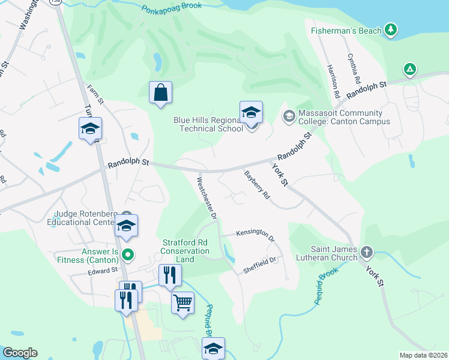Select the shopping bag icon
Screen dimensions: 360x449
pos(160,92)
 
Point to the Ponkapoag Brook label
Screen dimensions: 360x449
pos(170,10)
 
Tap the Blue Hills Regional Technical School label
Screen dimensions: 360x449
pos(208,124)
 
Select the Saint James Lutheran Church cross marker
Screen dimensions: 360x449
pos(367,252)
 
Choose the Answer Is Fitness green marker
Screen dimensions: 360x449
pos(127,255)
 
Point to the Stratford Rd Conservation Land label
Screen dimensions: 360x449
pos(185,251)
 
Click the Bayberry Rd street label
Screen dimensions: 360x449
pos(258,185)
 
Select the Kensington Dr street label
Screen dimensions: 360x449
pos(255,235)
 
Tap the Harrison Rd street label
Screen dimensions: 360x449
pos(333,82)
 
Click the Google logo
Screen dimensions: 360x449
pos(20,353)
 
